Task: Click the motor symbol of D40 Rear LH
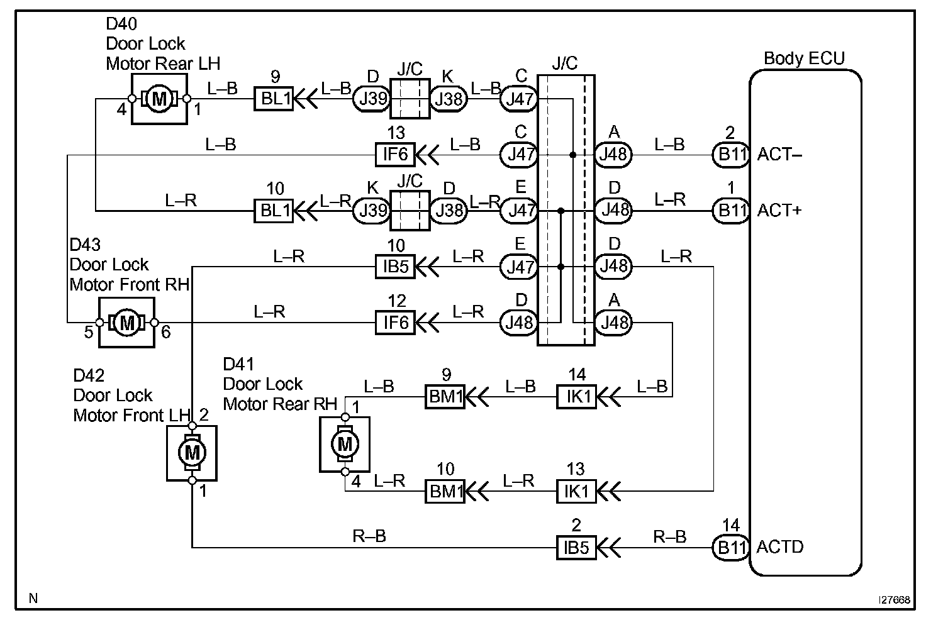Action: (x=159, y=99)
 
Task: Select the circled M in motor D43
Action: (x=127, y=323)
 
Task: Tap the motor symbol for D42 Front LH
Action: (x=192, y=453)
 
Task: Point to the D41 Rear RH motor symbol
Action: (x=345, y=445)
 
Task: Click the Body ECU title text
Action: (x=804, y=58)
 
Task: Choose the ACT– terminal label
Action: (x=779, y=155)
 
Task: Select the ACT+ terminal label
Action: (x=779, y=211)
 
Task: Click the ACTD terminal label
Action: (x=780, y=547)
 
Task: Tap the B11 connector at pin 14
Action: (x=731, y=548)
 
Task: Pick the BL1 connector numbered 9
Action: (x=274, y=99)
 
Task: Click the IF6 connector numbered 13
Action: (x=395, y=155)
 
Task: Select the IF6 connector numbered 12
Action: (x=395, y=323)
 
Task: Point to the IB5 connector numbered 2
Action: (x=576, y=548)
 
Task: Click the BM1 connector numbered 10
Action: (x=445, y=491)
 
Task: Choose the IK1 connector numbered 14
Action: (x=576, y=397)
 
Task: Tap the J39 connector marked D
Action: (x=372, y=99)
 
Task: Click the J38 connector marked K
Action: (x=449, y=99)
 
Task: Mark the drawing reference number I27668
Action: (x=894, y=600)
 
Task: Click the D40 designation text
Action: (x=121, y=24)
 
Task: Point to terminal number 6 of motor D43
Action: (x=166, y=332)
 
